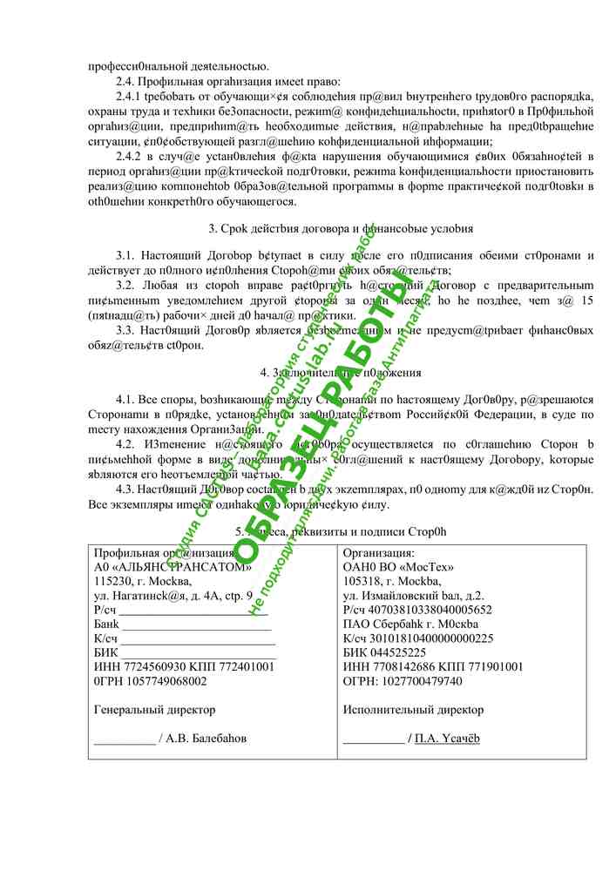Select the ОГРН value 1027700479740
(431, 680)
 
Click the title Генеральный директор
(154, 710)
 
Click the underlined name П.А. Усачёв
(448, 739)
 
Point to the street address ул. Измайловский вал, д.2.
(414, 597)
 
